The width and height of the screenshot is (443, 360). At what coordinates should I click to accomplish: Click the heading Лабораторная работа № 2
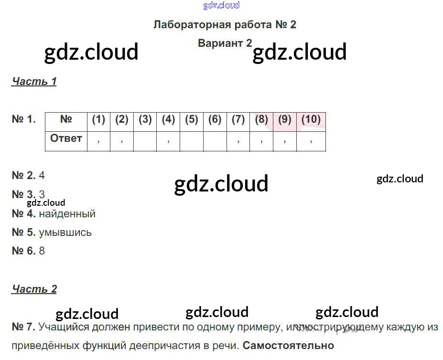point(225,25)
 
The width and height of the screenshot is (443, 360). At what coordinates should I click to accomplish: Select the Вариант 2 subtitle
point(225,43)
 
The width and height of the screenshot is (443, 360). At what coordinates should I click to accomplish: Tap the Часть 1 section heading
point(34,81)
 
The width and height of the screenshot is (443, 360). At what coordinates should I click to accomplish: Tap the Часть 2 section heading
point(34,289)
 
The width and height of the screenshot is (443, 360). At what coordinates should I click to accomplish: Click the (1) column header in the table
point(98,119)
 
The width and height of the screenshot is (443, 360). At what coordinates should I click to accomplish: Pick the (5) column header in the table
point(191,119)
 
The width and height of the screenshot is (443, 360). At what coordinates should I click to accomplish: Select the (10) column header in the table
point(311,119)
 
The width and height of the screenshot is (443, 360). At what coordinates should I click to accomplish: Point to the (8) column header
point(261,119)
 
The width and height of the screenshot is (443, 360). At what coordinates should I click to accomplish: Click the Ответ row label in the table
point(66,138)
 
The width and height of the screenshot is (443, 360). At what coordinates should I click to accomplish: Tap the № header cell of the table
point(66,119)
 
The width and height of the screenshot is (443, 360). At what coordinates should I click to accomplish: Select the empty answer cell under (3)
point(145,141)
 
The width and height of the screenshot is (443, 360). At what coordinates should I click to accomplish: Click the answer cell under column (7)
point(238,141)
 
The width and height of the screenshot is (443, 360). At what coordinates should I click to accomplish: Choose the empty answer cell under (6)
point(215,141)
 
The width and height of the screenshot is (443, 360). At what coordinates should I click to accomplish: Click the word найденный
point(67,214)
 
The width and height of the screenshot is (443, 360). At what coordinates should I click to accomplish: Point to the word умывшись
point(65,233)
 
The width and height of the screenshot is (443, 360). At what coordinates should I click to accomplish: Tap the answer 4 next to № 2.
point(42,175)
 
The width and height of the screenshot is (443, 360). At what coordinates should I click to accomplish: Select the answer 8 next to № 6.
point(42,251)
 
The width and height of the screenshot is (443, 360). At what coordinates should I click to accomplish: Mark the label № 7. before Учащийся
point(23,327)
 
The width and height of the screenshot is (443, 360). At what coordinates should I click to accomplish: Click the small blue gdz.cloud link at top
point(221,6)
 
